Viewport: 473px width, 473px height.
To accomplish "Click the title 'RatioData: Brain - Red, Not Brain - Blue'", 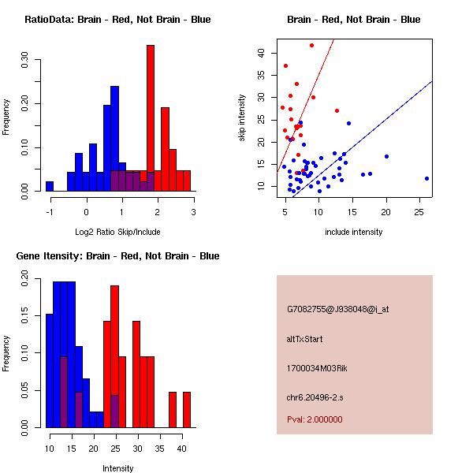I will (x=117, y=19).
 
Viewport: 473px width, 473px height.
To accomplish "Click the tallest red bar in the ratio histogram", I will (x=150, y=118).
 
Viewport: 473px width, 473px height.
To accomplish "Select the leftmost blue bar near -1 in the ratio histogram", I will (x=50, y=186).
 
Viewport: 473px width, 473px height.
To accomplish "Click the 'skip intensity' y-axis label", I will (x=244, y=118).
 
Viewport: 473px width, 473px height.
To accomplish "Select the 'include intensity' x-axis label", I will (x=354, y=232).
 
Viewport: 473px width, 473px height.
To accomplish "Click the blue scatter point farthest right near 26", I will (x=426, y=178).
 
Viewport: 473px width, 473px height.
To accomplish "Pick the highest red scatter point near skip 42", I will (x=311, y=45).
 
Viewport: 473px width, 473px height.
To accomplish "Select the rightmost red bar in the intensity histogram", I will (x=187, y=410).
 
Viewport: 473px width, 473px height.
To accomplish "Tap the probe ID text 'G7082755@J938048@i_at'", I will (x=338, y=308).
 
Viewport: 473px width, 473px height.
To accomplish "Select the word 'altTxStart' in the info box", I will (x=304, y=339).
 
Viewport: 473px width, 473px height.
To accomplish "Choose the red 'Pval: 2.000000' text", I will (x=315, y=419).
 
